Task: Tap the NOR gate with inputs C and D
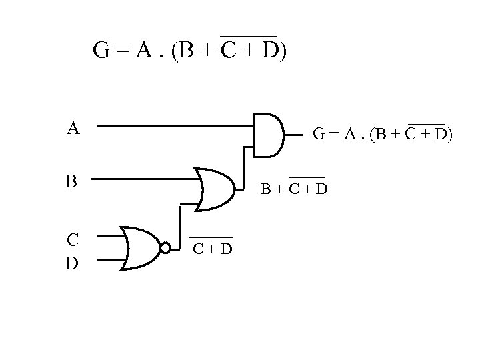pos(141,248)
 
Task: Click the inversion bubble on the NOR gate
pos(165,248)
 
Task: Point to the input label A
pos(73,128)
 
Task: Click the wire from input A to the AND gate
pos(173,125)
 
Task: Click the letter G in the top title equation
pos(102,51)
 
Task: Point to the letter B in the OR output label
pos(265,191)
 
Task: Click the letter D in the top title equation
pos(270,51)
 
